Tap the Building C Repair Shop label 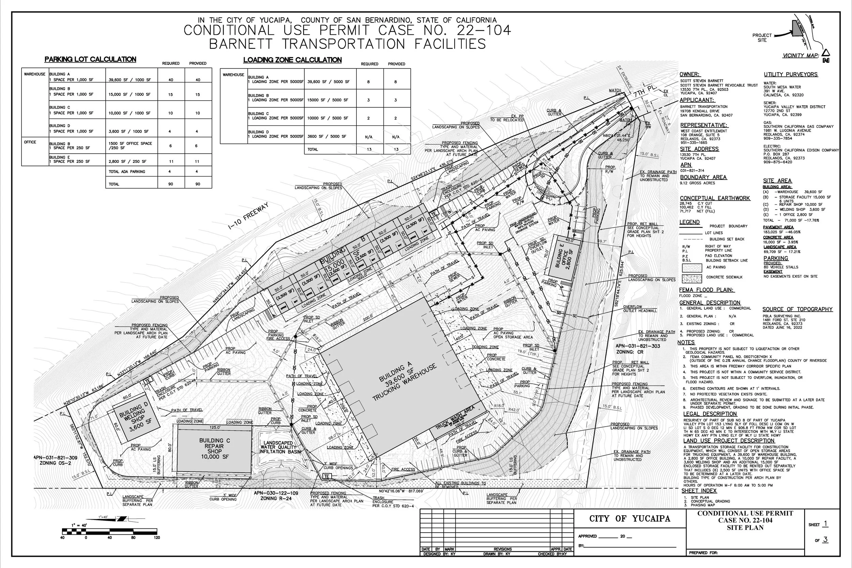pos(214,448)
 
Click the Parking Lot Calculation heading pos(90,59)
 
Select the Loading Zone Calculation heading pos(292,60)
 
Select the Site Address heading pos(699,149)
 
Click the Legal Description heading pos(710,414)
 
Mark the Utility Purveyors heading pos(790,75)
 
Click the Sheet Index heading pos(699,491)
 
